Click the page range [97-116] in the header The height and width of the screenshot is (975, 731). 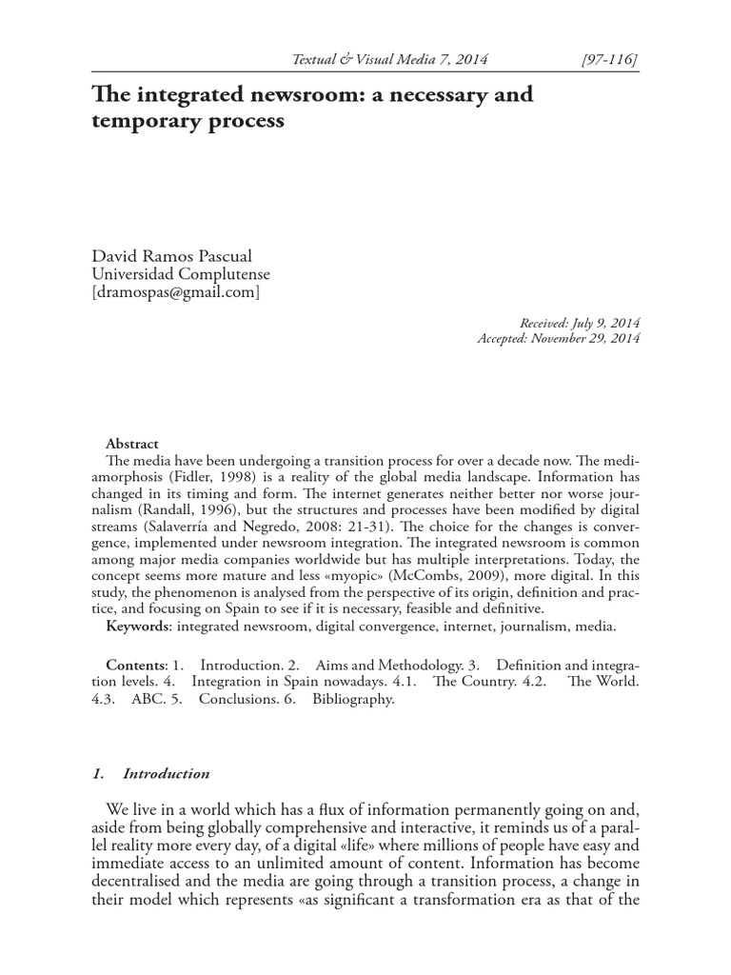click(x=608, y=60)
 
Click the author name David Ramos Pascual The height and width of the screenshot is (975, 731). click(x=172, y=257)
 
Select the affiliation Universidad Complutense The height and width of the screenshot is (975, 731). click(x=180, y=275)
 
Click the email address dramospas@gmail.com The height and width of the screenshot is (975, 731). click(x=175, y=292)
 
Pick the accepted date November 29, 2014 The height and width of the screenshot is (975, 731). click(x=585, y=338)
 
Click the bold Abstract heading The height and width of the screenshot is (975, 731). click(x=132, y=444)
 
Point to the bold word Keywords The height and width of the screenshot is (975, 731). click(x=136, y=627)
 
